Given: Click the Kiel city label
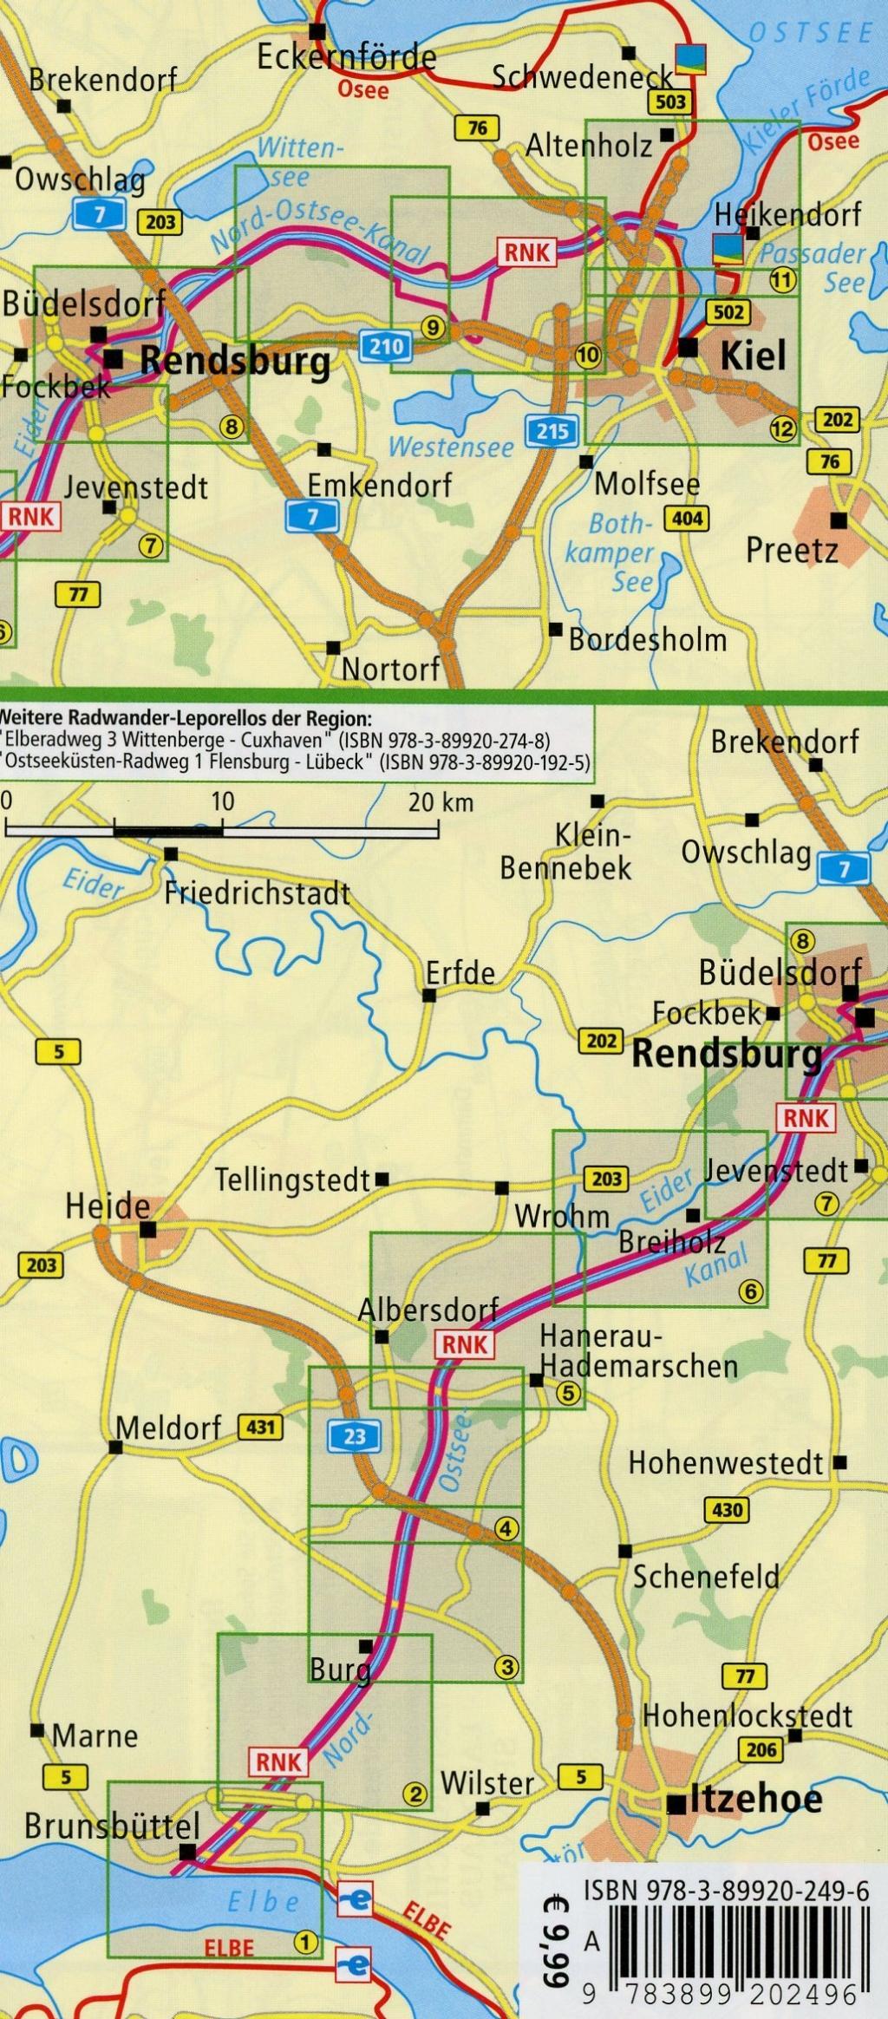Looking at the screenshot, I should [x=753, y=355].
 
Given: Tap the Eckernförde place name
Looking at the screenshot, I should [x=346, y=57].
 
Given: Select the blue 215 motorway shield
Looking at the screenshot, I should [x=552, y=430].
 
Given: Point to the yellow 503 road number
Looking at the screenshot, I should [x=671, y=102].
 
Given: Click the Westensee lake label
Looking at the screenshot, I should [x=451, y=448].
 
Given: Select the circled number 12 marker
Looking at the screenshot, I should [x=782, y=428].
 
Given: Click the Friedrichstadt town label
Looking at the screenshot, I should [x=258, y=892].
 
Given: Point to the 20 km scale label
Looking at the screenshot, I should [x=441, y=801].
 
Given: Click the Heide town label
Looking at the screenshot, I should [x=108, y=1206].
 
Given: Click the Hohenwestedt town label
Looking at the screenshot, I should [x=726, y=1463].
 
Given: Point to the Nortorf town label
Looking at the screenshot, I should [x=390, y=669].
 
